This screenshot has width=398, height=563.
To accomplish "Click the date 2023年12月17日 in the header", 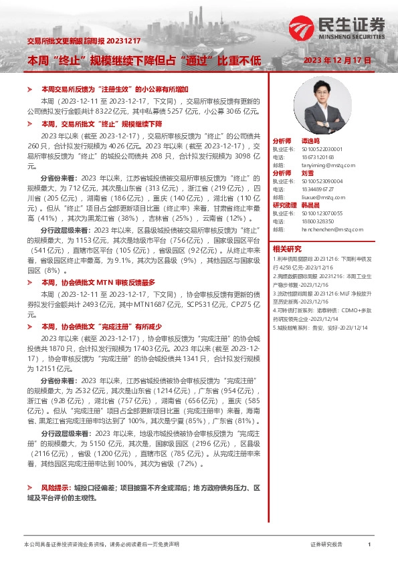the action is pos(337,61).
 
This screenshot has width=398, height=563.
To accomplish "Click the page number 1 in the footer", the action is pos(369,545).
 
